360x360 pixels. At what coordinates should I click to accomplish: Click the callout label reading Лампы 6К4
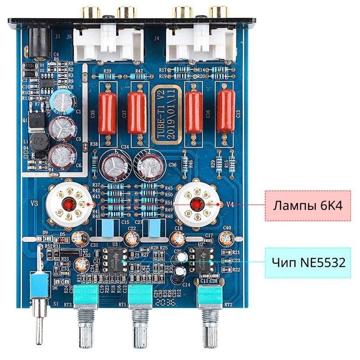tap(308, 205)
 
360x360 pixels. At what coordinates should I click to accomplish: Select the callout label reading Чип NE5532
tap(308, 263)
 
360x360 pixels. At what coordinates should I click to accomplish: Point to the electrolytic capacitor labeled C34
tap(113, 166)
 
